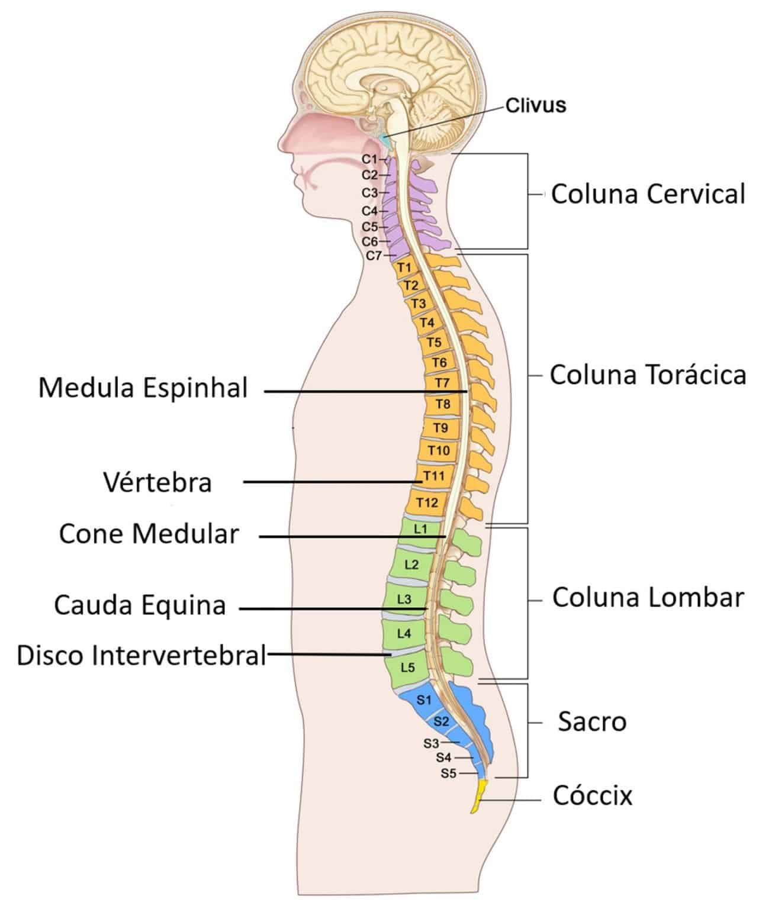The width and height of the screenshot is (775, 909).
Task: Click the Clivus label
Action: [x=535, y=105]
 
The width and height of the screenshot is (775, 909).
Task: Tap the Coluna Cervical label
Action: [x=648, y=194]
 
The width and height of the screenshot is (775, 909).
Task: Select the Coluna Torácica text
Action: [x=648, y=375]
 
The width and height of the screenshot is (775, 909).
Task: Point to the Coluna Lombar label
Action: [x=648, y=598]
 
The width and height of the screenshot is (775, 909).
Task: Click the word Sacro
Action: [x=591, y=722]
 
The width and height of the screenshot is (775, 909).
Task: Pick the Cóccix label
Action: [x=593, y=796]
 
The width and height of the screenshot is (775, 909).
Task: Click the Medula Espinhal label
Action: [x=143, y=389]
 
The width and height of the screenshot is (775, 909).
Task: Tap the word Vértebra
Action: [x=157, y=482]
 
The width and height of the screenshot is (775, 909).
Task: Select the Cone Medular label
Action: [x=149, y=534]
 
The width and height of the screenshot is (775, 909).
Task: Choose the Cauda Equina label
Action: [x=140, y=605]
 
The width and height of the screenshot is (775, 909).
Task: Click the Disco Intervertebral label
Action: [x=142, y=656]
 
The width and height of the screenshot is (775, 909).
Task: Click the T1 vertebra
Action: [x=404, y=267]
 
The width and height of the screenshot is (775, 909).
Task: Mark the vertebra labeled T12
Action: [x=426, y=502]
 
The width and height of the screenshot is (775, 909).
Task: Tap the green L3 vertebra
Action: [x=404, y=599]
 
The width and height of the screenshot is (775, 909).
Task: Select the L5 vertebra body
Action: [x=407, y=668]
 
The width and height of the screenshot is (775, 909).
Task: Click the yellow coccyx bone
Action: [x=478, y=797]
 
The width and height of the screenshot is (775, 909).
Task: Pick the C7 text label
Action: [x=373, y=256]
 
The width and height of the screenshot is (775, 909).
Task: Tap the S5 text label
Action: [x=448, y=773]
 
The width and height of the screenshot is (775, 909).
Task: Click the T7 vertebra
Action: [x=442, y=382]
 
